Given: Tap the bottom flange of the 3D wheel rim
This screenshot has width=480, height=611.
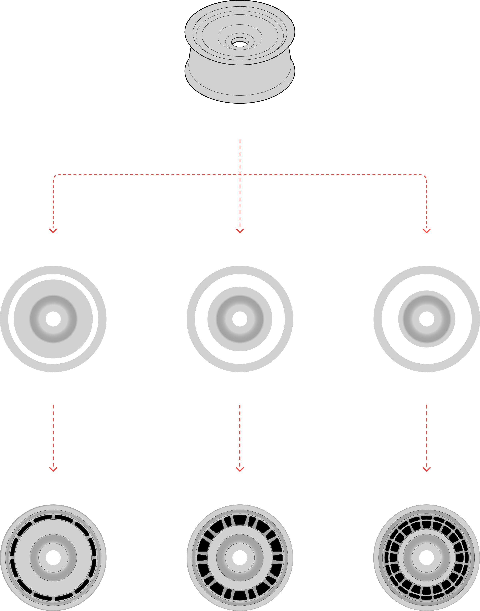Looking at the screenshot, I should click(240, 93).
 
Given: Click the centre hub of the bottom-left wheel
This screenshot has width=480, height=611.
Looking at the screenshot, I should click(53, 558).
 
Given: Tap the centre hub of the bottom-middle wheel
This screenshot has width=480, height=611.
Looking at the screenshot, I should click(240, 558).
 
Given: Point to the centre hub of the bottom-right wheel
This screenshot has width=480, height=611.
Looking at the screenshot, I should click(427, 558).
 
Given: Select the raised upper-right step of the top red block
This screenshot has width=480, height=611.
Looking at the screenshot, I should click(357, 156).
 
